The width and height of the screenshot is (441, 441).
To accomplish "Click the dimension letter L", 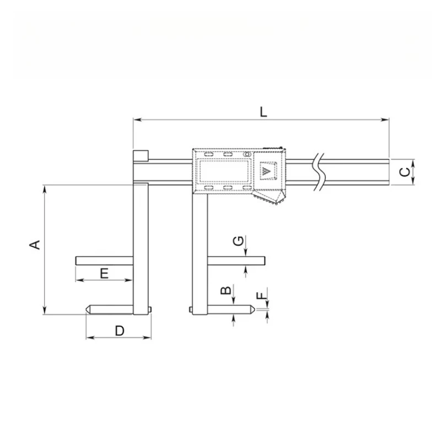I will coord(263,111).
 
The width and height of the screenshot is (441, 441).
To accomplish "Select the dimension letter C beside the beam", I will coord(405,171).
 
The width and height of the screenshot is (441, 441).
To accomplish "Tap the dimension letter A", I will coord(35,245).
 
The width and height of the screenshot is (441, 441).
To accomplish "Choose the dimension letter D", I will coord(119,330).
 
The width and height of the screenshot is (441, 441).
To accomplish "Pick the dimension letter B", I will coord(225,292).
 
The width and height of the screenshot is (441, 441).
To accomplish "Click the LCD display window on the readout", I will coord(223,171).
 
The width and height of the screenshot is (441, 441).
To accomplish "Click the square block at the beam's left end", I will coord(140,155).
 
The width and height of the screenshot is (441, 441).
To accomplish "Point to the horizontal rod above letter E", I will coord(105,260).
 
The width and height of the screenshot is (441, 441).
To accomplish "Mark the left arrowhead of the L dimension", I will coord(136,119).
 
